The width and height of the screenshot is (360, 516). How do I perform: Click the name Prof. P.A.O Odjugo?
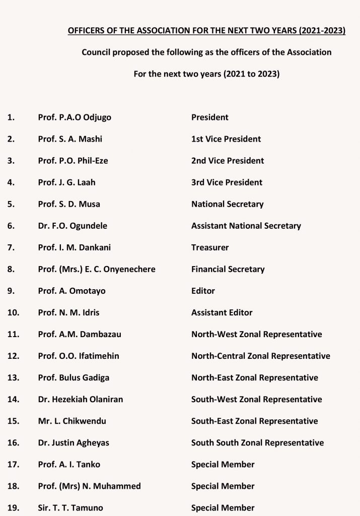click(75, 117)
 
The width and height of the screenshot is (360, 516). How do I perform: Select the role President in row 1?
click(209, 117)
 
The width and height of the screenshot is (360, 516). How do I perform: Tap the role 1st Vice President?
click(226, 139)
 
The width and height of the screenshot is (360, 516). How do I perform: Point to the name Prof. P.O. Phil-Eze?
click(73, 161)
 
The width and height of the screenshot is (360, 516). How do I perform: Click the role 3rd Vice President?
click(227, 182)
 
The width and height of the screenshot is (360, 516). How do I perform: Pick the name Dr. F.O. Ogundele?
click(73, 226)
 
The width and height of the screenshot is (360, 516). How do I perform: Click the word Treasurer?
click(210, 247)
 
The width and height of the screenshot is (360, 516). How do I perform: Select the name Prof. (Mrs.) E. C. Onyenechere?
click(97, 269)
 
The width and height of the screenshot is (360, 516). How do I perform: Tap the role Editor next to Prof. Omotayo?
click(203, 291)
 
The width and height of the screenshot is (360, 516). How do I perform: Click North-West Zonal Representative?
click(256, 334)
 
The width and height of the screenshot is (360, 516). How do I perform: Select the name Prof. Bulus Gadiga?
click(74, 377)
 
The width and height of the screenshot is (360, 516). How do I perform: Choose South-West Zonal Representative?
click(256, 399)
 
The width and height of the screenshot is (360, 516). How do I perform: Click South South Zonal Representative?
click(257, 442)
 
